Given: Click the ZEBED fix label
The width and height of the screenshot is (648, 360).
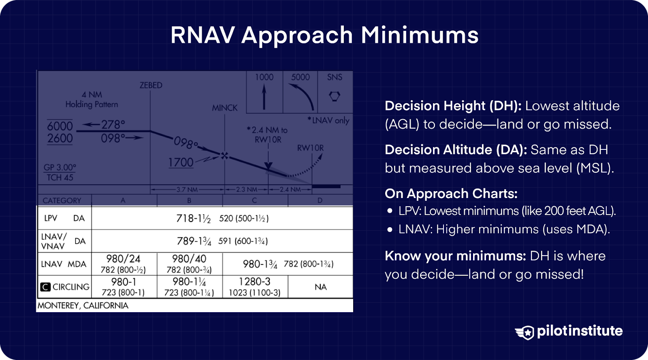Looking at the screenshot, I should (151, 85).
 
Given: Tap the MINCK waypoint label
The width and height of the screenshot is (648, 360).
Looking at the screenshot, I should (225, 108).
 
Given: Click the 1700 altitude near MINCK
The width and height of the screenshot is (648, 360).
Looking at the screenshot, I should (181, 162).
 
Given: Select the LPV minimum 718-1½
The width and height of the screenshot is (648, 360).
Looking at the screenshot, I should (193, 219).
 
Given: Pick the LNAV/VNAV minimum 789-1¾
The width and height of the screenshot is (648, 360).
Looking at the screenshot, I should (194, 241).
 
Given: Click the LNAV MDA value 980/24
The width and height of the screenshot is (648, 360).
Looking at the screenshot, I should (123, 259).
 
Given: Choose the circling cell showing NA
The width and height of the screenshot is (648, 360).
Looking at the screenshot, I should (320, 287).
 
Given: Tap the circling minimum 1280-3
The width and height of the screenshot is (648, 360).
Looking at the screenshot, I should (254, 282).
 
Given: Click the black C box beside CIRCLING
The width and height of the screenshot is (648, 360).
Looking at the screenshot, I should (45, 287).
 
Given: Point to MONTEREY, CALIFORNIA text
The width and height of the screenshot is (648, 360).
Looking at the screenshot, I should (83, 306).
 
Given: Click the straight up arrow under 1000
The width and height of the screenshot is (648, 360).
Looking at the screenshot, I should (264, 97).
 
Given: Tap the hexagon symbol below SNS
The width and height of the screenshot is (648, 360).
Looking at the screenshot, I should (335, 96).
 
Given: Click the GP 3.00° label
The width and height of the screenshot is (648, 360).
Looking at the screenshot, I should (60, 168).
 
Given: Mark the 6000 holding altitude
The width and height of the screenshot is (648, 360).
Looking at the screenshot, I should (60, 126).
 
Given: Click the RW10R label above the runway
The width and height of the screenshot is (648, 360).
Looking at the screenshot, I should (310, 148).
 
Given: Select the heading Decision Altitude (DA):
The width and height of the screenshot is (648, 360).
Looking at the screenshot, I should (456, 150).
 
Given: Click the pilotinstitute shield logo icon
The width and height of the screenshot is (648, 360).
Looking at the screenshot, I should (525, 332).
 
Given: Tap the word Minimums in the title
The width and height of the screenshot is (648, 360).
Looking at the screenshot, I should (420, 35).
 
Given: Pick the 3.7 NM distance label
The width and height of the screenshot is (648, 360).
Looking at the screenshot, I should (187, 190).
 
